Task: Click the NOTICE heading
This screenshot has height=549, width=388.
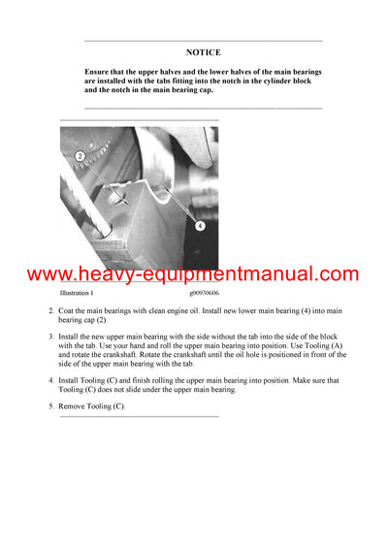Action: pos(204,52)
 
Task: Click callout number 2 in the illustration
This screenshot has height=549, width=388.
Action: pos(80,155)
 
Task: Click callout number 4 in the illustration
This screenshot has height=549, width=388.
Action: pos(200,225)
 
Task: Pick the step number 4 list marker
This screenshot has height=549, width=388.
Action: pos(51,380)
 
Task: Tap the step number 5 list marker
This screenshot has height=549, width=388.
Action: pos(51,405)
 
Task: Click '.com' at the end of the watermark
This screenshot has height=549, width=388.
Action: pos(334,274)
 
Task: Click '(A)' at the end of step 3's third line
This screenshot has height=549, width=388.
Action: pos(318,351)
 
